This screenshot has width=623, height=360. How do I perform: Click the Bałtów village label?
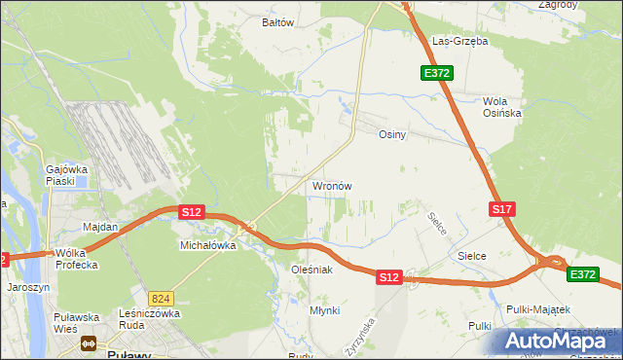tap(277, 21)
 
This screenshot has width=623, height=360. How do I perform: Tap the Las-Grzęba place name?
tap(460, 42)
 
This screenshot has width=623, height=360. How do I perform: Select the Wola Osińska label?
tap(503, 107)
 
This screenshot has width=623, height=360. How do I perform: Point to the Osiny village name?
tap(391, 135)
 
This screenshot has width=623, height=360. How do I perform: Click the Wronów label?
tap(331, 186)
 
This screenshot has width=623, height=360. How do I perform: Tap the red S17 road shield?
tap(501, 209)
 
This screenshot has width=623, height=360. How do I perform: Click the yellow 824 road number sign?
tap(162, 299)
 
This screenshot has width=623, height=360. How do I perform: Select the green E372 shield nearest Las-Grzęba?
tap(435, 73)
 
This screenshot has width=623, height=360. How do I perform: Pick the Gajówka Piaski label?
tap(67, 175)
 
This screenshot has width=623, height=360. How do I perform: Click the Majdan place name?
tap(100, 227)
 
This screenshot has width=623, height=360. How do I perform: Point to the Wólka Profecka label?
tap(77, 258)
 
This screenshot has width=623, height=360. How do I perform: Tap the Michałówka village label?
tap(208, 245)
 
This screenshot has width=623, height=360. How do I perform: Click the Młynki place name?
tap(324, 309)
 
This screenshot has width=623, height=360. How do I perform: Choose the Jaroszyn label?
tap(27, 287)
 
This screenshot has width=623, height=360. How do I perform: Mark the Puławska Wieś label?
tap(77, 322)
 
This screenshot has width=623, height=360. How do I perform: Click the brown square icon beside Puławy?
tap(90, 343)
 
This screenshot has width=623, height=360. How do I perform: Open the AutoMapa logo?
tap(557, 341)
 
